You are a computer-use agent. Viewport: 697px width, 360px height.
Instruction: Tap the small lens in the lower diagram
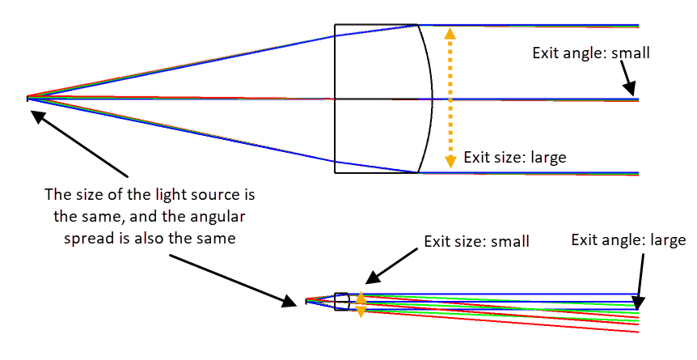(x=342, y=301)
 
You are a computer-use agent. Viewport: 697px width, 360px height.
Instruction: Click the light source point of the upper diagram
(x=28, y=99)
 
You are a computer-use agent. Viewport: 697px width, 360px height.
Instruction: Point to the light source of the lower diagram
(x=306, y=302)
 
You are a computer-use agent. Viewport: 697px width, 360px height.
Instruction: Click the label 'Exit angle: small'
(x=591, y=53)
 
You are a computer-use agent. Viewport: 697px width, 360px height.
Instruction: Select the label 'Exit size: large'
(x=515, y=157)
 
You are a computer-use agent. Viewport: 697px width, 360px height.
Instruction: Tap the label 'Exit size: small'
(x=477, y=241)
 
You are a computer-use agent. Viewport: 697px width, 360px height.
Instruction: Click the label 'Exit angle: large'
(x=628, y=240)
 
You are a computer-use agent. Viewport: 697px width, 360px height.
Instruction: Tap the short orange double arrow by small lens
(x=361, y=303)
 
